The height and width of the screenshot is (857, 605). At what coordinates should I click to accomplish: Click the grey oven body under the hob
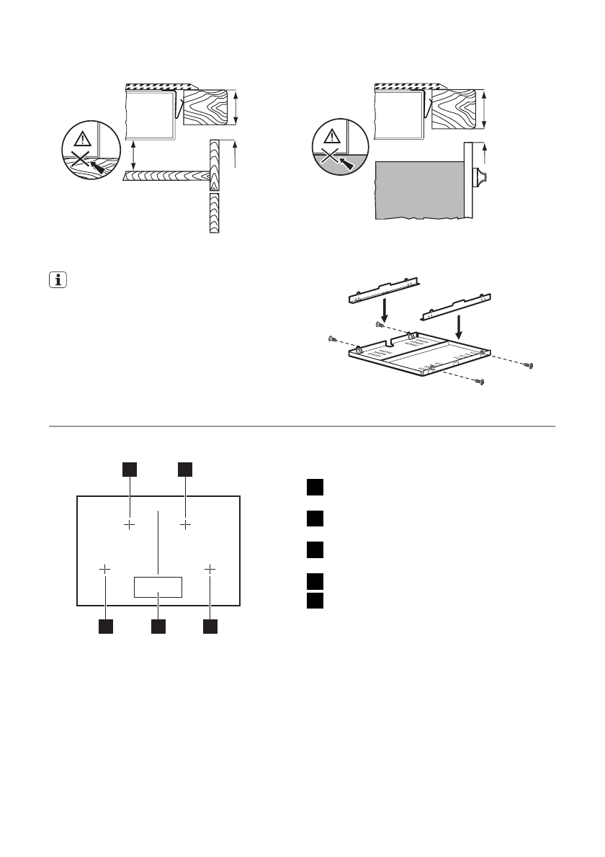click(x=418, y=189)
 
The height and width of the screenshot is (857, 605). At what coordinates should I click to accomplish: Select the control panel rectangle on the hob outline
click(x=158, y=587)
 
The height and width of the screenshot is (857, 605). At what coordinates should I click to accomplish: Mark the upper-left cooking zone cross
click(x=130, y=525)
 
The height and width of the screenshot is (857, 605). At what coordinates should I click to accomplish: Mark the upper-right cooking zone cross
click(x=186, y=525)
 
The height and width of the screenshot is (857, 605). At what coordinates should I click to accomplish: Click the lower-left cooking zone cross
click(x=105, y=569)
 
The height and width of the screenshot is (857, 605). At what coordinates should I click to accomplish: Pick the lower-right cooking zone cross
click(x=210, y=569)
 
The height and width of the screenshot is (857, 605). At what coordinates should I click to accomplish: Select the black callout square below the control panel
click(x=158, y=627)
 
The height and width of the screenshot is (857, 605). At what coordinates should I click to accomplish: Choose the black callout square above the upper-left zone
click(x=130, y=469)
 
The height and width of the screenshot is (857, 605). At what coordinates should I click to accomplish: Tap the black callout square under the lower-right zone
click(x=210, y=627)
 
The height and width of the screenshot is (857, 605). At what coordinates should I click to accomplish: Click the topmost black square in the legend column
click(x=313, y=486)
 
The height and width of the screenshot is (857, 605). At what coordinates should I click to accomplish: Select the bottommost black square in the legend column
click(x=313, y=600)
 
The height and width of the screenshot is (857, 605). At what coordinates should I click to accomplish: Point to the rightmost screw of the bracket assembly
click(x=529, y=367)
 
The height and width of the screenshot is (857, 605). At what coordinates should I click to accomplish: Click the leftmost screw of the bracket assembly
click(x=332, y=338)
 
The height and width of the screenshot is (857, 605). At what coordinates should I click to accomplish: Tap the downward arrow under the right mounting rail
click(x=458, y=331)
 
